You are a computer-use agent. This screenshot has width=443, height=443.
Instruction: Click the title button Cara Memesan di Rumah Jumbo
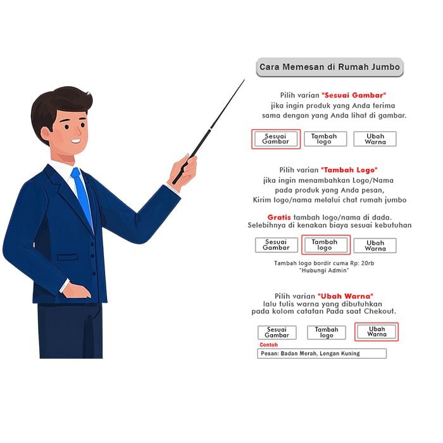(x=330, y=67)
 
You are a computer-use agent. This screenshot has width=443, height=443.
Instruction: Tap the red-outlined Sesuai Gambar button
(x=276, y=139)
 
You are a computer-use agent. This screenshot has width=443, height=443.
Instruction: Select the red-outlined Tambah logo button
(x=326, y=245)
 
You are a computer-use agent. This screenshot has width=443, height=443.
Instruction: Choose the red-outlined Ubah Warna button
(x=377, y=332)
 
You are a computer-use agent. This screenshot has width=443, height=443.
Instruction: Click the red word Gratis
(x=279, y=217)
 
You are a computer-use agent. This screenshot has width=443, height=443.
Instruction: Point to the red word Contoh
(x=268, y=345)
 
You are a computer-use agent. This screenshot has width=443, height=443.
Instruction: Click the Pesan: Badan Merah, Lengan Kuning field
(x=321, y=353)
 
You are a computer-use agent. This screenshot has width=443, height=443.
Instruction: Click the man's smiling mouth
(x=76, y=140)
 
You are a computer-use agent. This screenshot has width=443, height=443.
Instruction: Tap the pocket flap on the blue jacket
(x=68, y=257)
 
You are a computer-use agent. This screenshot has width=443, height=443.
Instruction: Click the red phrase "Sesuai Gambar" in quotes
(x=354, y=95)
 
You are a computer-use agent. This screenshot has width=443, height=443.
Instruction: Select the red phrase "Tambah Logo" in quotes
(x=349, y=170)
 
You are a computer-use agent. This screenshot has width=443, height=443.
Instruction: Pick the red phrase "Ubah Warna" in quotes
(x=346, y=296)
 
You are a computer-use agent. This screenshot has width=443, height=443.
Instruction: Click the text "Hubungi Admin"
(x=324, y=270)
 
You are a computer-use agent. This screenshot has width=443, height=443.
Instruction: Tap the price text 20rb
(x=368, y=263)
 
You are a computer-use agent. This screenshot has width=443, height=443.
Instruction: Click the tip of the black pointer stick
(x=244, y=80)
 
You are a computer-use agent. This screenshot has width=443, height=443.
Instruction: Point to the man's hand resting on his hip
(x=77, y=291)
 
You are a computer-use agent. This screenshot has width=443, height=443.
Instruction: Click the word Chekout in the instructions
(x=380, y=311)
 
